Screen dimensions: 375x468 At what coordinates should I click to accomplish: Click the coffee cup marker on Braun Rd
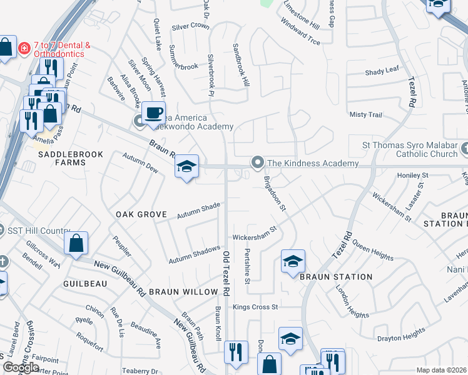pos(153,114)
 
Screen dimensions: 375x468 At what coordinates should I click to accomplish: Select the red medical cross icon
pos(24,47)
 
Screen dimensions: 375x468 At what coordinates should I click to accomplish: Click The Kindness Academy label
pos(313,163)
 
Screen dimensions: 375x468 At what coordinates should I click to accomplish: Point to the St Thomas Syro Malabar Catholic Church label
pos(410,149)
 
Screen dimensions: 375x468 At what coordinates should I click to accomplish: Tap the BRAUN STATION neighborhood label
pos(336,276)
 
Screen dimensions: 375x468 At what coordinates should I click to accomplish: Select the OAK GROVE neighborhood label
pos(141,214)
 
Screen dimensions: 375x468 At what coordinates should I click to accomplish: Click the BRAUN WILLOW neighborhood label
pos(183,292)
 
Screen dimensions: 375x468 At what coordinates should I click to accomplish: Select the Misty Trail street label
pos(365,115)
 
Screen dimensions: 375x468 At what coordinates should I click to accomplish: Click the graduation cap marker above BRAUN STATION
pos(292,262)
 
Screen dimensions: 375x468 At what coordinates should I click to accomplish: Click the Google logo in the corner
pos(21,367)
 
